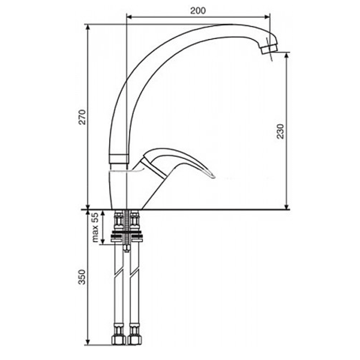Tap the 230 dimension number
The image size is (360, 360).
[x=280, y=131]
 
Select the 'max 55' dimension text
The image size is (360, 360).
[x=94, y=227]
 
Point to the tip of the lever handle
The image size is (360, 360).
[x=212, y=175]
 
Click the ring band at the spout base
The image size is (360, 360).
[x=119, y=160]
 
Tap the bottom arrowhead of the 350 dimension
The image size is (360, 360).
[x=88, y=343]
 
